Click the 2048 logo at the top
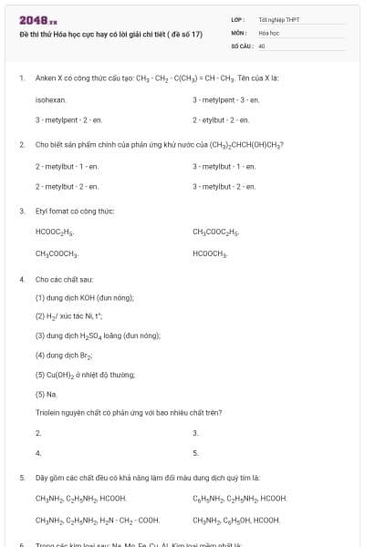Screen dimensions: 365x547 (x=31, y=19)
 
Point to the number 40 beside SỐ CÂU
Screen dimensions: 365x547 (x=262, y=45)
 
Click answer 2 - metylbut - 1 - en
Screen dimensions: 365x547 (x=67, y=166)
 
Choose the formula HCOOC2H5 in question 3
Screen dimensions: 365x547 (x=56, y=232)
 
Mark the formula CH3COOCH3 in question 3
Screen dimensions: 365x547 (x=57, y=253)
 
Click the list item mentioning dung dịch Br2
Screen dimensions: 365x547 (x=69, y=355)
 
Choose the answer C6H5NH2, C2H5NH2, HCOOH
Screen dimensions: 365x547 (x=240, y=499)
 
